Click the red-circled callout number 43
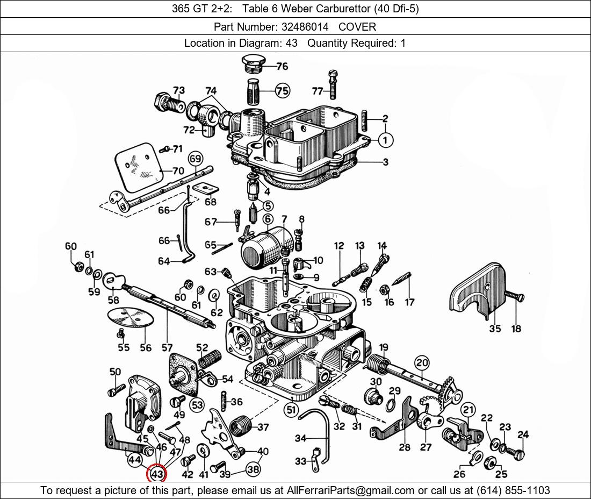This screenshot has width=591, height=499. pyautogui.click(x=157, y=474)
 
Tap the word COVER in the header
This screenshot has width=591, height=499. pyautogui.click(x=357, y=26)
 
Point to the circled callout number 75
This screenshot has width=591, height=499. pyautogui.click(x=282, y=91)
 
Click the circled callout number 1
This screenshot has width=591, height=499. pyautogui.click(x=385, y=140)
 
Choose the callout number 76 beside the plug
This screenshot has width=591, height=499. pyautogui.click(x=282, y=67)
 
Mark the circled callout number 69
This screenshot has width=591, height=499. pyautogui.click(x=195, y=159)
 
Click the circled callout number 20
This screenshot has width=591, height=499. pyautogui.click(x=422, y=363)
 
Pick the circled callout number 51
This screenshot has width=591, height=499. pyautogui.click(x=291, y=410)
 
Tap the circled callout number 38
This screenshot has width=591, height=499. pyautogui.click(x=253, y=469)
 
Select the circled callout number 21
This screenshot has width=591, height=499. pyautogui.click(x=469, y=410)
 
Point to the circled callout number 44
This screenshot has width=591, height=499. pyautogui.click(x=134, y=460)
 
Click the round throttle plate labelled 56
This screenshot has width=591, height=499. pyautogui.click(x=131, y=317)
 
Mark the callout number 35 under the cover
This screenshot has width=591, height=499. pyautogui.click(x=495, y=329)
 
